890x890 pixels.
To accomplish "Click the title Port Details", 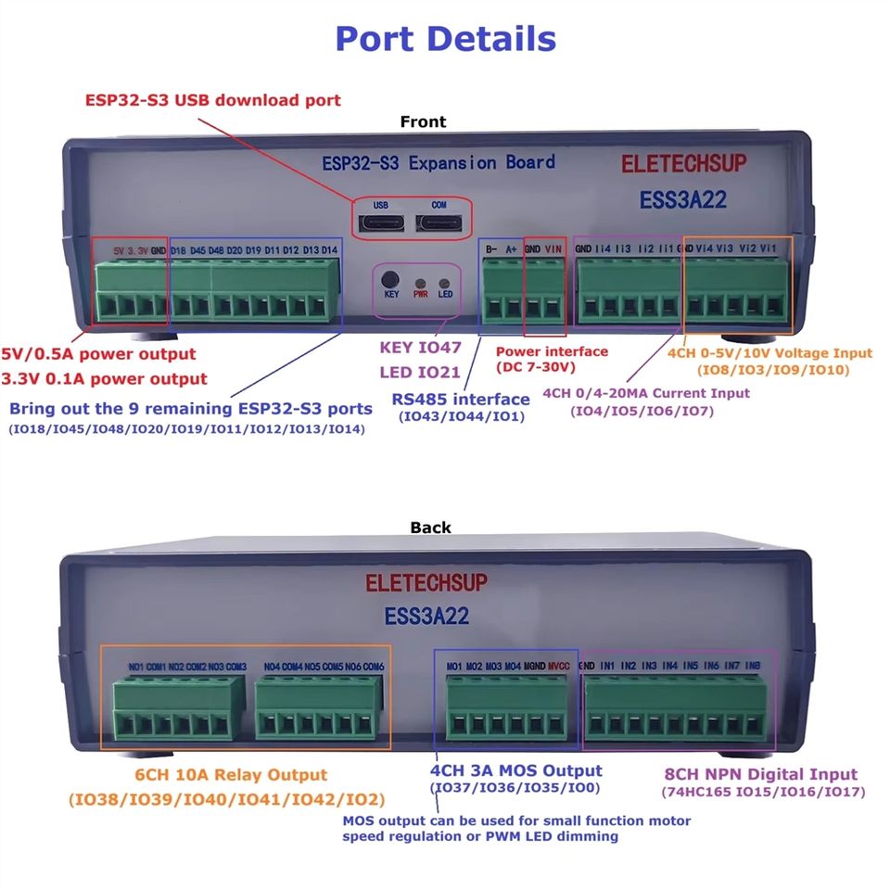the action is pyautogui.click(x=445, y=39).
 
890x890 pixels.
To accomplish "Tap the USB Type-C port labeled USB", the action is pyautogui.click(x=381, y=222).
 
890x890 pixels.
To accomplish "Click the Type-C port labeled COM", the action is pyautogui.click(x=439, y=222).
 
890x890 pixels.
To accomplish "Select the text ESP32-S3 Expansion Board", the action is pyautogui.click(x=438, y=163).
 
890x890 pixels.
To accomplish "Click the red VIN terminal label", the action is pyautogui.click(x=553, y=248).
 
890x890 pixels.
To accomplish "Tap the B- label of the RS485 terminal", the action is pyautogui.click(x=491, y=248).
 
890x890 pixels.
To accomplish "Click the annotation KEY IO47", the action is pyautogui.click(x=420, y=349).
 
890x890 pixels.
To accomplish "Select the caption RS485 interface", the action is pyautogui.click(x=461, y=400).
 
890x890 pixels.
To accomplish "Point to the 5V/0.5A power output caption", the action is pyautogui.click(x=99, y=354).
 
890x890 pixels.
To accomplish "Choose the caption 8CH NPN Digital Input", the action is pyautogui.click(x=761, y=774).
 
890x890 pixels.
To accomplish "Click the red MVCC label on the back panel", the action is pyautogui.click(x=559, y=667).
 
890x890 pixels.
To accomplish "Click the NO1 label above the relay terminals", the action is pyautogui.click(x=136, y=667).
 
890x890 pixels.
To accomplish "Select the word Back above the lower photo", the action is pyautogui.click(x=430, y=528).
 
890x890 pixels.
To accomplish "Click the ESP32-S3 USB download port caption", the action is pyautogui.click(x=213, y=100).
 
